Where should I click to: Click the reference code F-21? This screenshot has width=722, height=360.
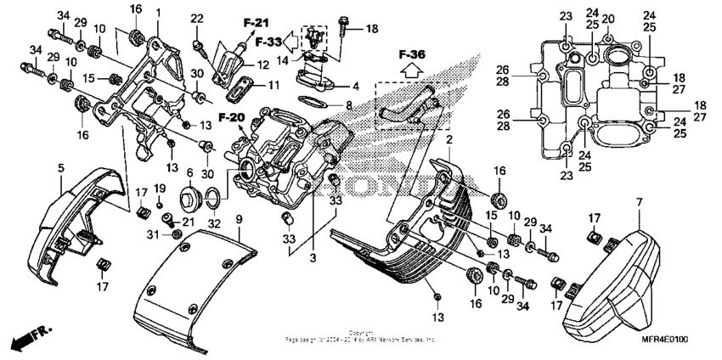256,23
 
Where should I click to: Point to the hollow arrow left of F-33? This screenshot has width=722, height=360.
289,40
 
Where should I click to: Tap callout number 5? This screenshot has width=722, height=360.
60,168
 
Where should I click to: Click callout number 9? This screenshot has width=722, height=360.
239,219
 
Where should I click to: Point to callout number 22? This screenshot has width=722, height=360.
197,20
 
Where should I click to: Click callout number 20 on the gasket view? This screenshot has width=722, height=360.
609,19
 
